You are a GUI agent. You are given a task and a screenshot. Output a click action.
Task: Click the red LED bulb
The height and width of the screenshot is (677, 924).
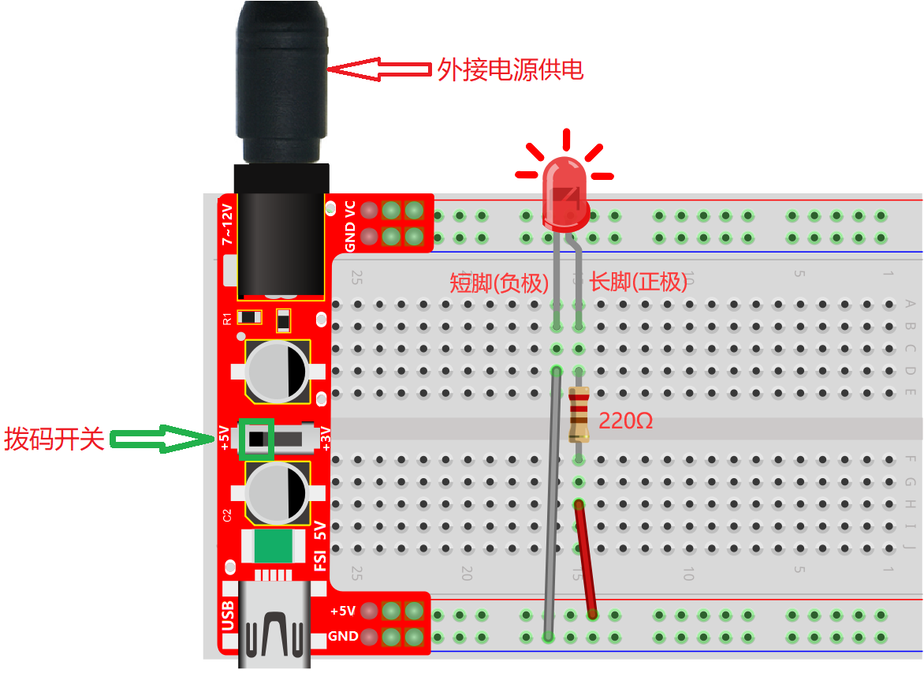click(565, 194)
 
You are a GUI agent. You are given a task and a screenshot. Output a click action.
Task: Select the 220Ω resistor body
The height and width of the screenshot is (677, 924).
click(579, 414)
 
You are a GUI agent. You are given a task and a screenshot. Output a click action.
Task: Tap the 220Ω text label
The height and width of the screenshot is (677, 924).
click(625, 421)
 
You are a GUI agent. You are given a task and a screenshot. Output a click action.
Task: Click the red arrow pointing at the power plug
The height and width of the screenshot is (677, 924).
click(379, 69)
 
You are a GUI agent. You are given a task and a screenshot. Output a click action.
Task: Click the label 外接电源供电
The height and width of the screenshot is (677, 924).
click(510, 69)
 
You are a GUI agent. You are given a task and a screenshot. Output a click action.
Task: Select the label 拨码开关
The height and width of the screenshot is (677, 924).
click(54, 439)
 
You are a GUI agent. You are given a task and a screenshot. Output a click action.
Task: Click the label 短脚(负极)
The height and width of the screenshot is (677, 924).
click(499, 283)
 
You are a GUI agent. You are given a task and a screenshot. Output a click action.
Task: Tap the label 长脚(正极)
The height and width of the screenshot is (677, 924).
click(639, 282)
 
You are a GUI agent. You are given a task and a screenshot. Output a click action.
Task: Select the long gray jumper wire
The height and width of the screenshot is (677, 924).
click(552, 504)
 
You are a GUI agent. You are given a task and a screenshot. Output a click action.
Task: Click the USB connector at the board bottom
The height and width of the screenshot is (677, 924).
click(274, 626)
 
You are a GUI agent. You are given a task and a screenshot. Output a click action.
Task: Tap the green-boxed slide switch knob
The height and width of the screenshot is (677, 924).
click(256, 439)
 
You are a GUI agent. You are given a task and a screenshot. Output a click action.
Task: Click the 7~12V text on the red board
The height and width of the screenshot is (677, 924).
click(227, 225)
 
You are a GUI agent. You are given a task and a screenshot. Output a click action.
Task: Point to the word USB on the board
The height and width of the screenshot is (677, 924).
click(228, 616)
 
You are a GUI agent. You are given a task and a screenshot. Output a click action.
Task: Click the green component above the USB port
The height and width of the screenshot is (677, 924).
click(274, 546)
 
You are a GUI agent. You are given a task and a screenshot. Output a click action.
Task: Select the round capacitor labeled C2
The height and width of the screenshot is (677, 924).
click(277, 493)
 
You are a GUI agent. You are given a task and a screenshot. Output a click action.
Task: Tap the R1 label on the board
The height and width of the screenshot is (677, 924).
click(228, 319)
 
